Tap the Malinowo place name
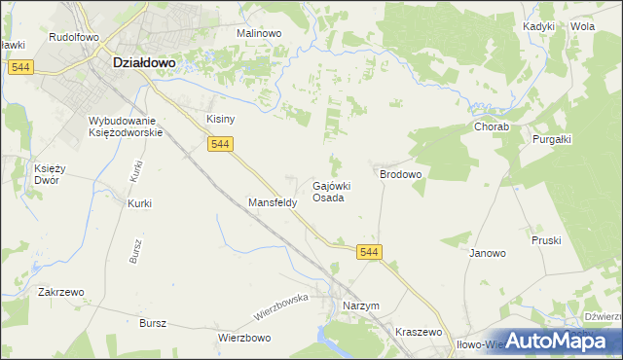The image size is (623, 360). point(259,33)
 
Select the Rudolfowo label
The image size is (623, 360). point(74,37)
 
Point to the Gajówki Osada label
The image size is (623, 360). point(330,192)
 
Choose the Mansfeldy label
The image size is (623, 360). point(273,203)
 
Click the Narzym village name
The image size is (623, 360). point(360,306)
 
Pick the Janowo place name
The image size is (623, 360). point(488,254)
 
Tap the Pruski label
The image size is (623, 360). point(546,239)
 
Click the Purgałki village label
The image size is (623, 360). point(551,139)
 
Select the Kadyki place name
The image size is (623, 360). point(538,27)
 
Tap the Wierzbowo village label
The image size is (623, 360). point(243,339)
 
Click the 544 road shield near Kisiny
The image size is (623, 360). point(219,144)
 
